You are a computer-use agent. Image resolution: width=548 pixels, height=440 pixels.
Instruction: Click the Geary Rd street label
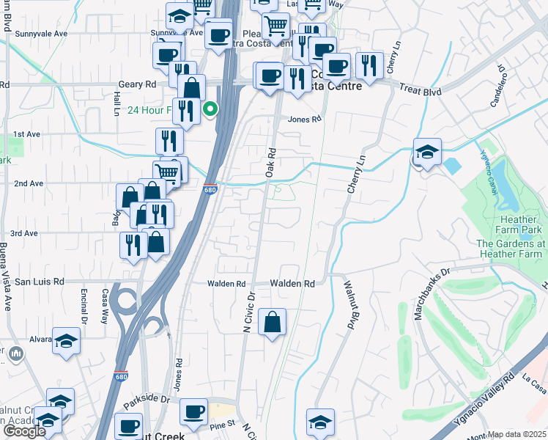tap(137, 85)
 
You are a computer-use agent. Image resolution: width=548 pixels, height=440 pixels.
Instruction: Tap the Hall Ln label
tap(116, 103)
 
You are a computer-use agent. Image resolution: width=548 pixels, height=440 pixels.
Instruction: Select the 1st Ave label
tap(26, 134)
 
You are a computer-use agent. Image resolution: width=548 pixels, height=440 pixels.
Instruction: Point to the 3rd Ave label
tap(25, 233)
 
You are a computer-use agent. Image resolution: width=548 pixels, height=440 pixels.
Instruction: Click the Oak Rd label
tap(270, 162)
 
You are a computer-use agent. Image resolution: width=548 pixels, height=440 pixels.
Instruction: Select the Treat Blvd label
tap(421, 92)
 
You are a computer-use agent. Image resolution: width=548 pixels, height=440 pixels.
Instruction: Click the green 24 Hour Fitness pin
tap(210, 110)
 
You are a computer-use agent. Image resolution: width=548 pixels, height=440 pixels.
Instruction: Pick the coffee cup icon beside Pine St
tap(193, 413)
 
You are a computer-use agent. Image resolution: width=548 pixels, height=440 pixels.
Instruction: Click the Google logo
tap(24, 431)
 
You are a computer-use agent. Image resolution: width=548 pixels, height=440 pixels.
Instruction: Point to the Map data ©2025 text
tap(517, 435)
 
